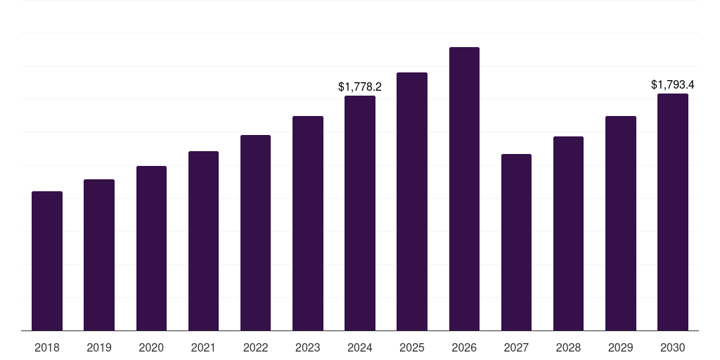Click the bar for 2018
[x=47, y=261]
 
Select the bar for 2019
[x=99, y=255]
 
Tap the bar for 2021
[x=203, y=240]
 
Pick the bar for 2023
[x=308, y=223]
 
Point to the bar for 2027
[x=516, y=242]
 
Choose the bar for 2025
[x=412, y=201]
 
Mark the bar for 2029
[x=621, y=223]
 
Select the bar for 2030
[x=673, y=212]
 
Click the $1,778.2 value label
[x=360, y=87]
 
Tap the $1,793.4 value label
[x=673, y=85]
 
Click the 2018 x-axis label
[x=47, y=347]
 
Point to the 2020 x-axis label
[x=151, y=347]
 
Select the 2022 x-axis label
[x=255, y=347]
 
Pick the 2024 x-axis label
[x=360, y=347]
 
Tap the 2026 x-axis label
[x=464, y=347]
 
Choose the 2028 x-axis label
[x=568, y=347]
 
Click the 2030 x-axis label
[x=673, y=347]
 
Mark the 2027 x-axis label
[x=516, y=347]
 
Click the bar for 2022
[x=255, y=233]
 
